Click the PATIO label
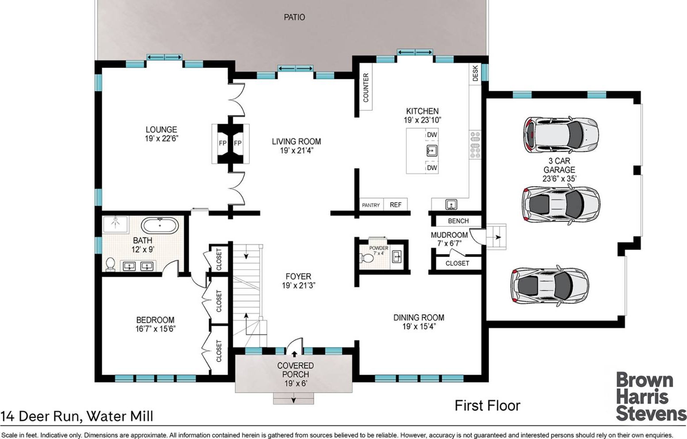click(x=294, y=17)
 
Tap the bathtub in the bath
click(x=159, y=226)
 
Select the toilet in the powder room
click(x=367, y=258)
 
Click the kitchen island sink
click(x=432, y=151)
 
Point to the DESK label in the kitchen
click(x=475, y=73)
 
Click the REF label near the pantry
click(x=395, y=205)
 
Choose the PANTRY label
click(x=371, y=205)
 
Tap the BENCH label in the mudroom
click(x=458, y=221)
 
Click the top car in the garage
click(x=561, y=135)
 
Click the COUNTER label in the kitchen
click(x=366, y=88)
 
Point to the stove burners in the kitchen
click(x=475, y=145)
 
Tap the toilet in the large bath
click(x=110, y=264)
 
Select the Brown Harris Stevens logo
click(x=651, y=397)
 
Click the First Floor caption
click(x=487, y=405)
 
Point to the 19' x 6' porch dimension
click(x=296, y=383)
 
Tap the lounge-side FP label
click(x=223, y=143)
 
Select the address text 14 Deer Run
click(x=41, y=416)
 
